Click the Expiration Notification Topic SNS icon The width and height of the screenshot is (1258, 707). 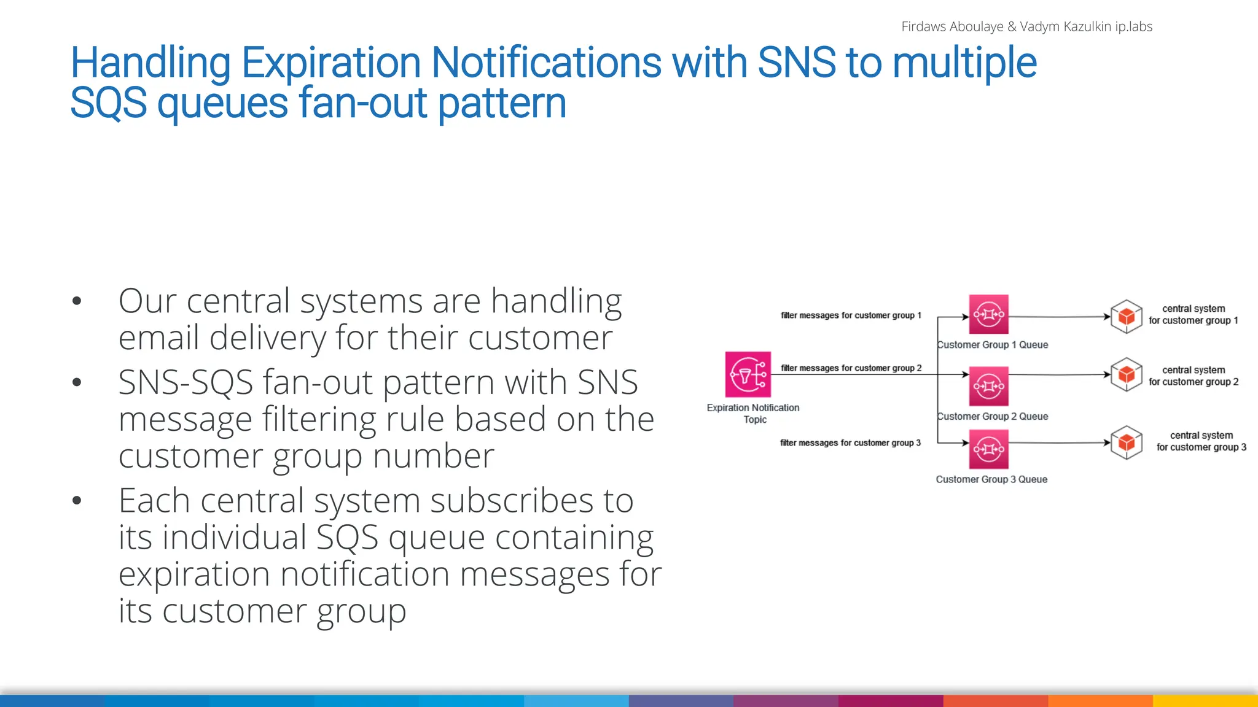point(748,374)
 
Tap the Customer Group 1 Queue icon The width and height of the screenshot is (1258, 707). point(988,314)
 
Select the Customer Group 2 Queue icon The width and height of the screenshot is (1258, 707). point(988,386)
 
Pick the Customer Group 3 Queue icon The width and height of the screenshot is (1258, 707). point(988,449)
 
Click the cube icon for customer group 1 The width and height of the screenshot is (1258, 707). point(1126,317)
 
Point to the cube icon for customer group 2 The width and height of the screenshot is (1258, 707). point(1126,374)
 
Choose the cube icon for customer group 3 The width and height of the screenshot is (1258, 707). point(1126,442)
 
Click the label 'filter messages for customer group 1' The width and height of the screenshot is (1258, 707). point(851,315)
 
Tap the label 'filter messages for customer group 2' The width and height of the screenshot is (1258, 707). point(851,368)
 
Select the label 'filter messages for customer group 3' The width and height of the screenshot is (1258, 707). point(850,443)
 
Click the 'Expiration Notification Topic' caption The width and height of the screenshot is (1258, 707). point(753,414)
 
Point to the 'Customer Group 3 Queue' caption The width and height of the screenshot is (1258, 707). point(991,479)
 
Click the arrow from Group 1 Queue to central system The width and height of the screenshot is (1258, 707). point(1059,317)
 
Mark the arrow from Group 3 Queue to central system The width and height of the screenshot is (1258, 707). point(1059,442)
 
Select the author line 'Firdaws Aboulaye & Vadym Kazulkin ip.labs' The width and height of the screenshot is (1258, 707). point(1026,26)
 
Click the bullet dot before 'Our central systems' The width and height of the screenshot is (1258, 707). point(77,301)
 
